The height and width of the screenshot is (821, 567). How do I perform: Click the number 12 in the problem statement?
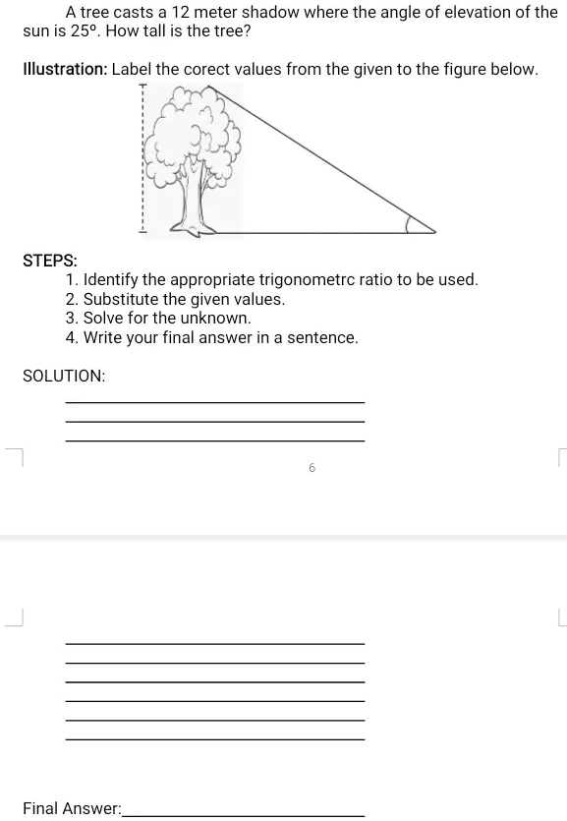pyautogui.click(x=181, y=12)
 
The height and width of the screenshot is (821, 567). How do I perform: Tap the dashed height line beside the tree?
pyautogui.click(x=142, y=157)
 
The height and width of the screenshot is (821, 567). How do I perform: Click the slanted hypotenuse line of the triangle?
pyautogui.click(x=322, y=158)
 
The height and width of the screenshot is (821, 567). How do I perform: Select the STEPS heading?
pyautogui.click(x=50, y=261)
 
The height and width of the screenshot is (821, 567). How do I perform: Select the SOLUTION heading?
pyautogui.click(x=64, y=376)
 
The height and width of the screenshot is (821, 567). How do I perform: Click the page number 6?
pyautogui.click(x=312, y=468)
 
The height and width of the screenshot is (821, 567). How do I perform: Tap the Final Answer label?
pyautogui.click(x=72, y=808)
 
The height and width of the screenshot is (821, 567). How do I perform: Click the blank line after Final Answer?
pyautogui.click(x=244, y=815)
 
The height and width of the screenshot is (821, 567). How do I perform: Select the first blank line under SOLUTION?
pyautogui.click(x=215, y=402)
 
